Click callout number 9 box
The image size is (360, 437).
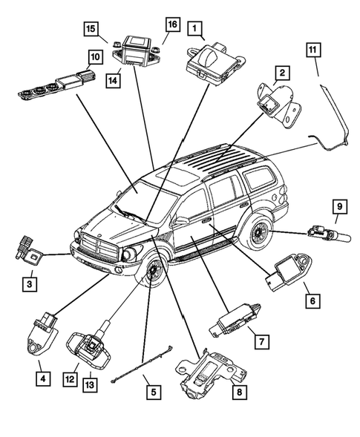point(338,207)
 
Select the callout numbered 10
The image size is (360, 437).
point(95,56)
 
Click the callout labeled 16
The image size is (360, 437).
point(172,24)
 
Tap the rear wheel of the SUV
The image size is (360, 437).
point(259,231)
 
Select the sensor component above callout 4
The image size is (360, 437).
point(45,330)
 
